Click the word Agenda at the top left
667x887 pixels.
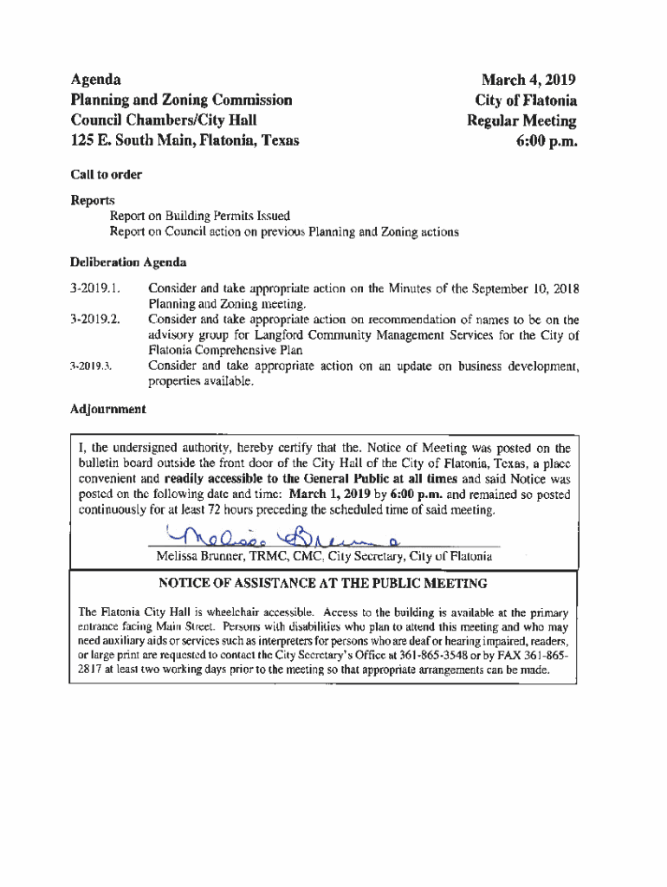point(95,79)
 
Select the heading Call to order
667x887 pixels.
point(106,175)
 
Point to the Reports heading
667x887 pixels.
point(93,200)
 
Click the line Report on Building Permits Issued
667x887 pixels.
point(199,217)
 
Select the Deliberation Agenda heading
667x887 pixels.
point(128,262)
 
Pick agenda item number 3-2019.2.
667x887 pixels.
point(95,320)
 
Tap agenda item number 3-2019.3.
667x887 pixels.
point(93,366)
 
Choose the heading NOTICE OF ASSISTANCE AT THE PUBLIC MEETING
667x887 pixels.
point(322,584)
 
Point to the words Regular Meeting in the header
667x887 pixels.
point(521,120)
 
